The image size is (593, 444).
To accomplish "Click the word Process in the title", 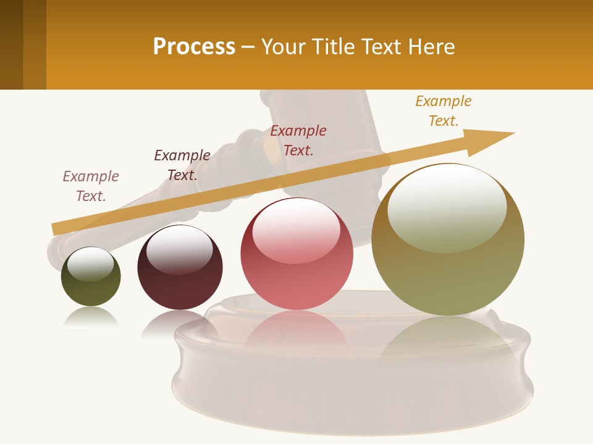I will pyautogui.click(x=194, y=47).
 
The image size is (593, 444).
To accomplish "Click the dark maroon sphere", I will pyautogui.click(x=180, y=268).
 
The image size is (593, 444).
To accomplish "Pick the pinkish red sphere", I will pyautogui.click(x=296, y=254).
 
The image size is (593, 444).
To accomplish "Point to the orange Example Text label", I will pyautogui.click(x=443, y=111).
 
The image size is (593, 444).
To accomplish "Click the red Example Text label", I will pyautogui.click(x=298, y=140).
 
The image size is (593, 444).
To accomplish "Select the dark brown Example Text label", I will pyautogui.click(x=182, y=165).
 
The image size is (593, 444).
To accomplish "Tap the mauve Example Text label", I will pyautogui.click(x=91, y=186).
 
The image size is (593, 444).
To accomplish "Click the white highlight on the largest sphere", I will pyautogui.click(x=447, y=207).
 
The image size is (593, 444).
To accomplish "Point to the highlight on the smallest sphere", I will pyautogui.click(x=90, y=263).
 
